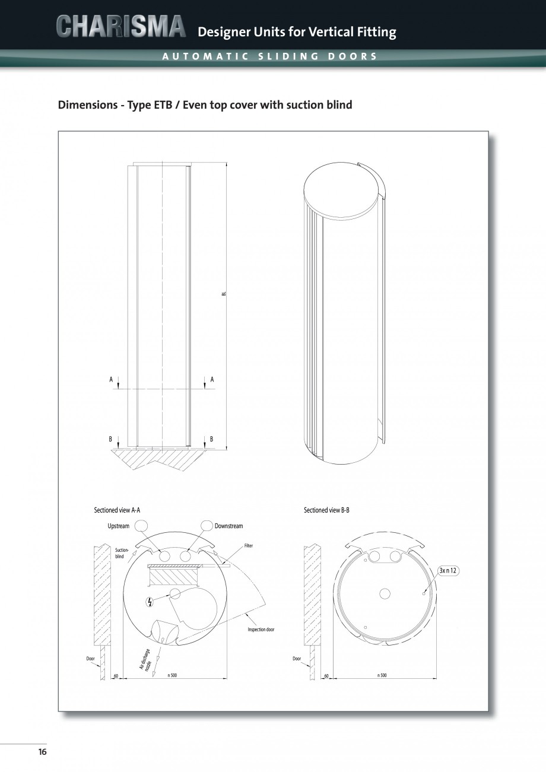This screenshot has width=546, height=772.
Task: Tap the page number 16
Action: coord(42,752)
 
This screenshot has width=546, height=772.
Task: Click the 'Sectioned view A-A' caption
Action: coord(117,510)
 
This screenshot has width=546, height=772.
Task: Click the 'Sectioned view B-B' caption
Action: coord(326,510)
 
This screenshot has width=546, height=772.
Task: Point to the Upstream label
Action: coord(118,526)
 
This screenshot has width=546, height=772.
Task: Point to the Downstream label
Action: coord(228,526)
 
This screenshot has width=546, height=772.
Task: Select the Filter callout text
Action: coord(248,545)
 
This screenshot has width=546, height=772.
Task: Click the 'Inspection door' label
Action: coord(261,629)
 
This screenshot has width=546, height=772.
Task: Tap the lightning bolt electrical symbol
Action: coord(149,602)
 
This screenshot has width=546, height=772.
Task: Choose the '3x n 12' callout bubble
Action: coord(449,570)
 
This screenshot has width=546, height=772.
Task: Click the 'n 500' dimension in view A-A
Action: coord(172,675)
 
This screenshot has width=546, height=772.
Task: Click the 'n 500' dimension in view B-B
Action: coord(382,675)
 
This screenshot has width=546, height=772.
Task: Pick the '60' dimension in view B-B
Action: coord(326,675)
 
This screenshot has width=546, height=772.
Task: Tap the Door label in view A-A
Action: coord(91,658)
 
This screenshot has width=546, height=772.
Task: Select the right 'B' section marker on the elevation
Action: coord(211,439)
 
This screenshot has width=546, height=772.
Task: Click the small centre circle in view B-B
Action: coord(385,593)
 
